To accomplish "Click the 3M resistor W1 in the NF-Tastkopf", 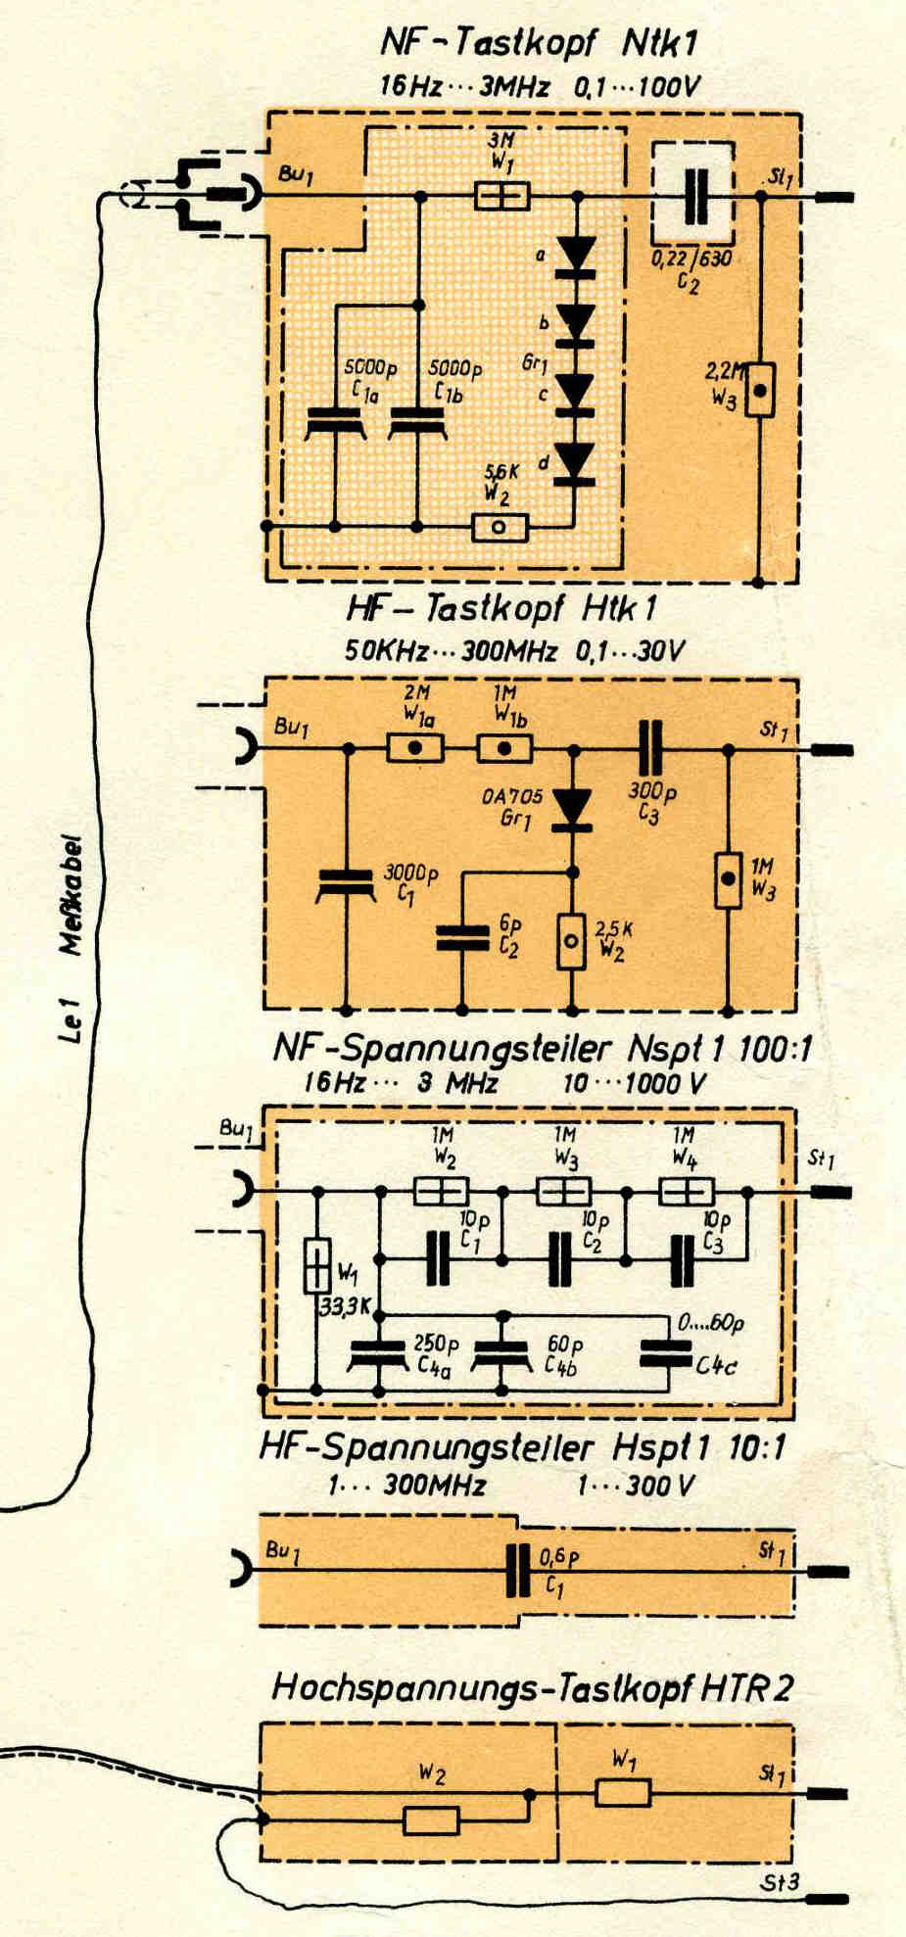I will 501,196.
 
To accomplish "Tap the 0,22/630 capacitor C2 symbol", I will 694,197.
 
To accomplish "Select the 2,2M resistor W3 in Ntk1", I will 759,390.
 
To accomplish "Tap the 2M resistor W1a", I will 415,750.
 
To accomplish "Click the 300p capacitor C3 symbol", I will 650,749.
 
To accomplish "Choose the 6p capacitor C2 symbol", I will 462,937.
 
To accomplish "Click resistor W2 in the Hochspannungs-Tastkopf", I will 431,1821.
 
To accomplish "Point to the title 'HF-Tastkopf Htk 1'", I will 501,609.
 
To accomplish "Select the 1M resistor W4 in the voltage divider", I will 687,1192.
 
